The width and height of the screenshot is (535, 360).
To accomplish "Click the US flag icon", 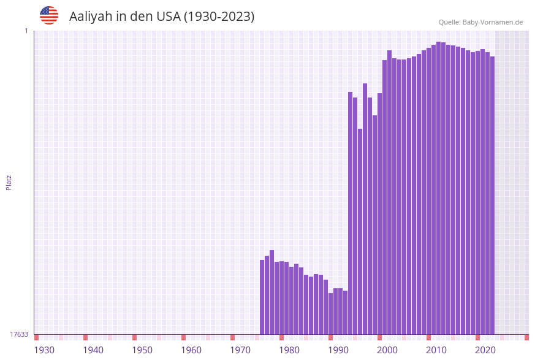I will (49, 15).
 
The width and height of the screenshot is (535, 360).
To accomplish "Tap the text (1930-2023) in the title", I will (219, 17).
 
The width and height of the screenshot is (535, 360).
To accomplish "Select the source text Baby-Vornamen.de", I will (492, 22).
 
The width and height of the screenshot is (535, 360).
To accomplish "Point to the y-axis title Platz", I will (9, 182).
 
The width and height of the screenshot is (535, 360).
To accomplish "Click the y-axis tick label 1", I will (26, 31).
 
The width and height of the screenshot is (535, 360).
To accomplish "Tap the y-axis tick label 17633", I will (19, 334).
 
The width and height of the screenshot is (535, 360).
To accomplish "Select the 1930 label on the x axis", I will (44, 350).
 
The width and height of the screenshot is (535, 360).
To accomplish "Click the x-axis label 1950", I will (142, 350).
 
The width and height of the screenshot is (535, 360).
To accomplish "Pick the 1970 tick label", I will (240, 350).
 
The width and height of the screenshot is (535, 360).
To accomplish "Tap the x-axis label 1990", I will (338, 350).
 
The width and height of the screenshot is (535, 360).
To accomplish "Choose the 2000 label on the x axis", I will (387, 350).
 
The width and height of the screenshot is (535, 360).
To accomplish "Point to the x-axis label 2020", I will (485, 350).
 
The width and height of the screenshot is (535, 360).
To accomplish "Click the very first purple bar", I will (262, 297).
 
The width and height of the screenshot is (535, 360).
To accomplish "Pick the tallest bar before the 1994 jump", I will (272, 292).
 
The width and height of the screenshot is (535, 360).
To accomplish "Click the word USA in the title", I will (168, 17).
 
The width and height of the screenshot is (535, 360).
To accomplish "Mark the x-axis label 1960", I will (191, 350).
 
